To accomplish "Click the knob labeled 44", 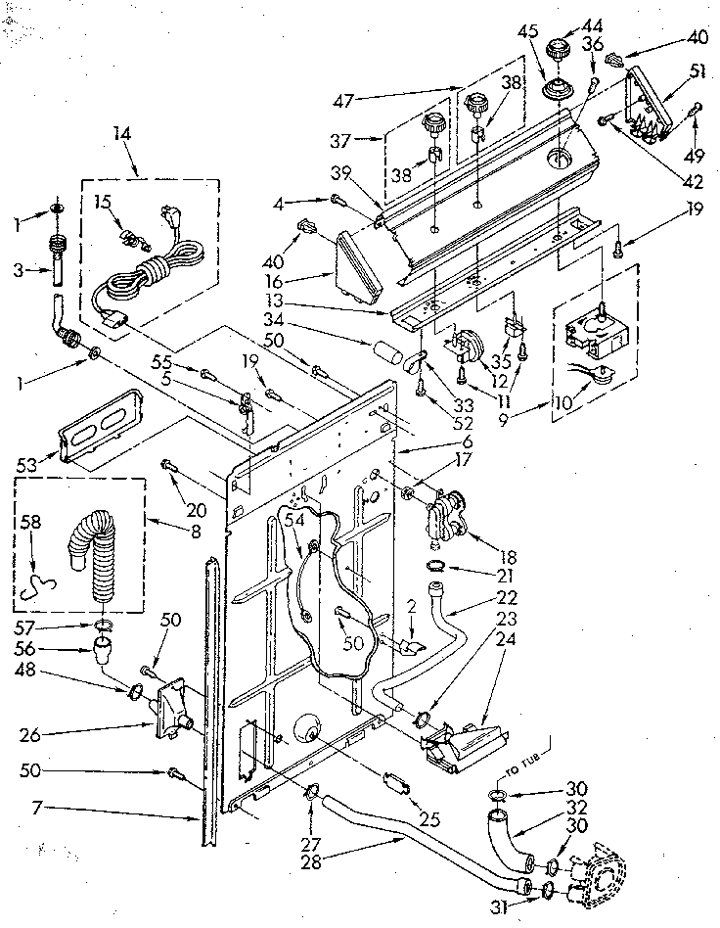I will (x=560, y=49).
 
